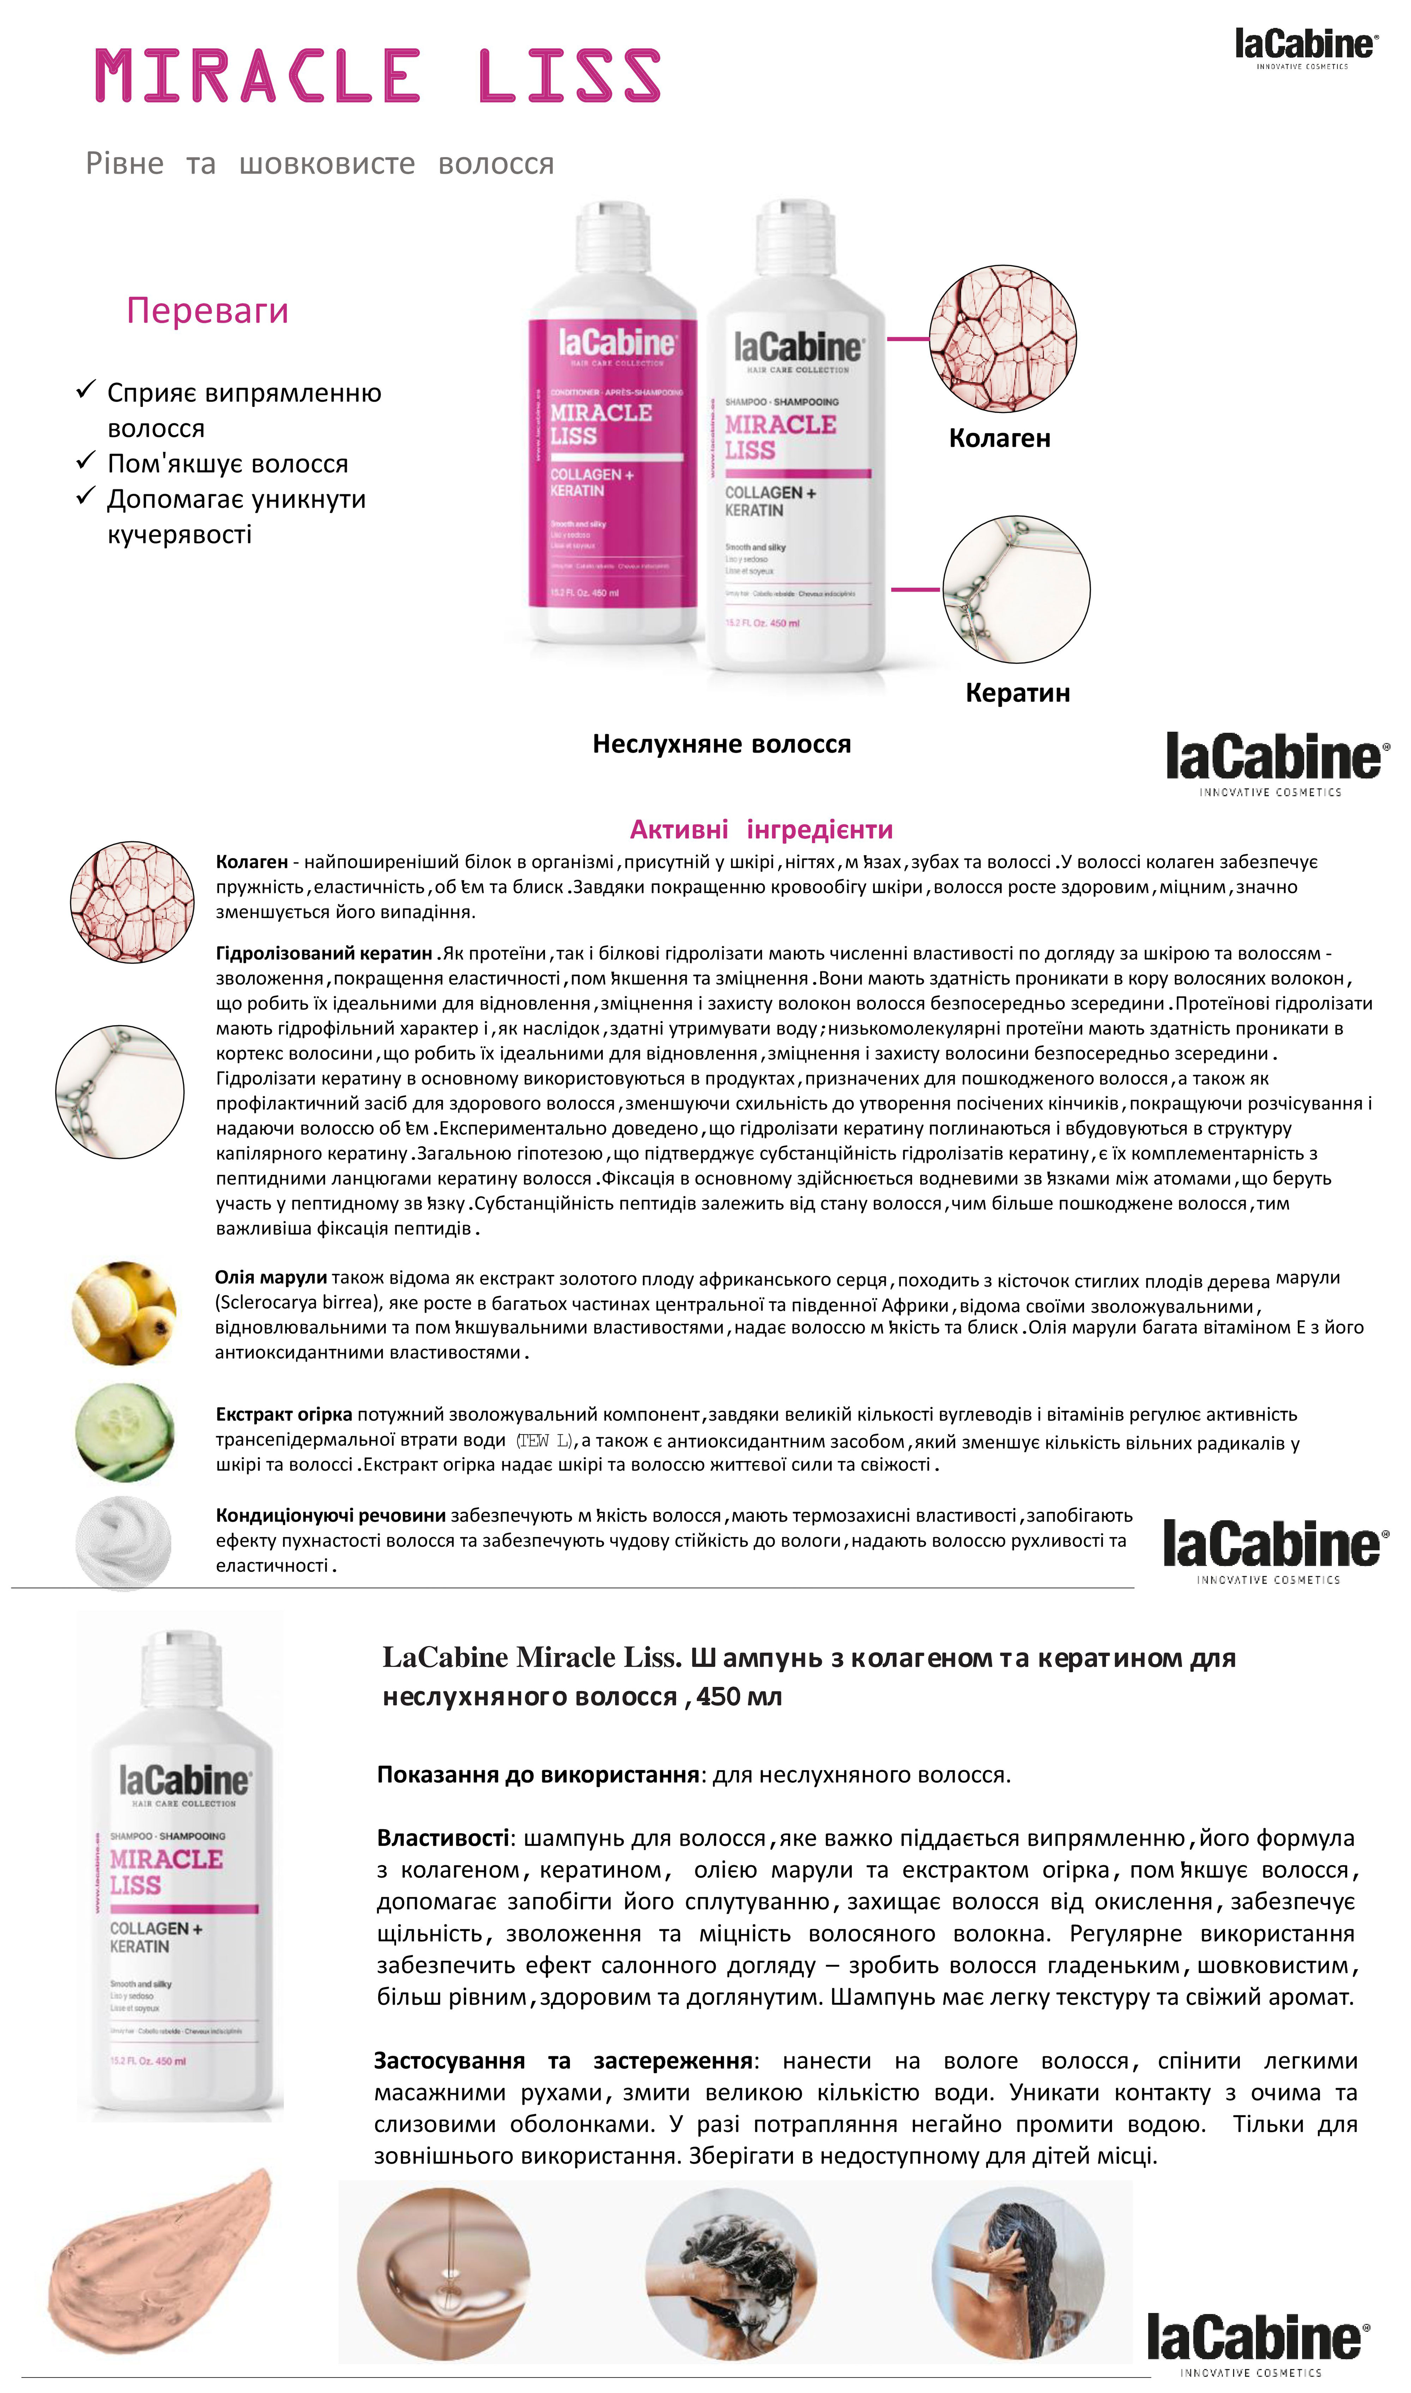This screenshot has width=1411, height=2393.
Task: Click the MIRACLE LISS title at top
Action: (377, 76)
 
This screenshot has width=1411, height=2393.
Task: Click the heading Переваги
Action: (207, 311)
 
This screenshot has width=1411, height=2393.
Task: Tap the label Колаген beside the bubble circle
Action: (999, 438)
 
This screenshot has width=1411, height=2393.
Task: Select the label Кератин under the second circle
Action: (1017, 692)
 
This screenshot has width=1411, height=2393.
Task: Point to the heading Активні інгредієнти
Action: (761, 829)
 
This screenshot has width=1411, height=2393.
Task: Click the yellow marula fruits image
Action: (123, 1313)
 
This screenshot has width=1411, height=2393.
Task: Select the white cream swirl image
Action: (123, 1543)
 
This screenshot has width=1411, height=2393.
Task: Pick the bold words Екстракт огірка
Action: (283, 1414)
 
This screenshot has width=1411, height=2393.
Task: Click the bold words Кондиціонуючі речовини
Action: (330, 1515)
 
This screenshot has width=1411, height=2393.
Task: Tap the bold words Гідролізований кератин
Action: (323, 953)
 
